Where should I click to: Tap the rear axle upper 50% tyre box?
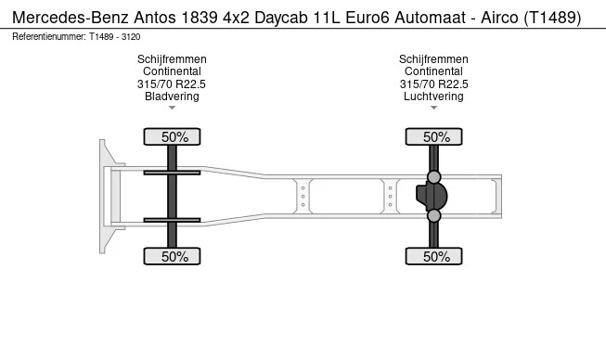pos(434,137)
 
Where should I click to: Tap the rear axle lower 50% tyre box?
pos(434,256)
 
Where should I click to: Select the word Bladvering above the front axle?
pos(172,96)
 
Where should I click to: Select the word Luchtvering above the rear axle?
pos(433,96)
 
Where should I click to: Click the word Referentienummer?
pos(49,36)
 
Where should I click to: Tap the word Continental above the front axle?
pos(172,71)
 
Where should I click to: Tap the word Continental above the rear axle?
pos(433,71)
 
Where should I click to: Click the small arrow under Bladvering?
pos(172,109)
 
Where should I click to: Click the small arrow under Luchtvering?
pos(433,109)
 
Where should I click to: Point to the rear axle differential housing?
pos(432,197)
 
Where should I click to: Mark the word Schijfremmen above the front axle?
pos(172,59)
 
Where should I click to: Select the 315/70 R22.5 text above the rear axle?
pos(433,84)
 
